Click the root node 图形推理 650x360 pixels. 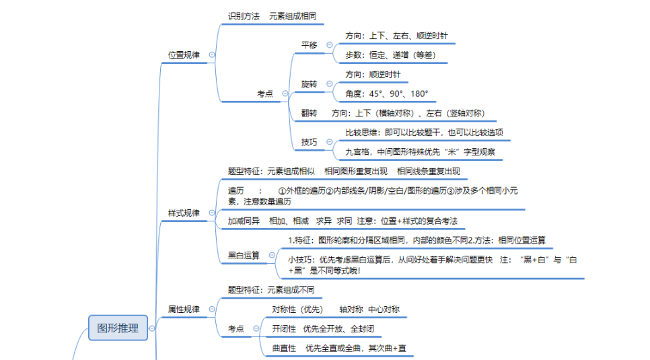(118, 328)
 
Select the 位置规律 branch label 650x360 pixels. (184, 55)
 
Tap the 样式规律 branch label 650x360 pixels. (184, 213)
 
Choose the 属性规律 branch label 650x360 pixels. (184, 310)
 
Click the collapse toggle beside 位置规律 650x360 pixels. (212, 55)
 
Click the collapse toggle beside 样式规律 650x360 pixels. (212, 213)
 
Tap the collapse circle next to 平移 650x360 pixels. (330, 45)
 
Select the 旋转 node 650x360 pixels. (310, 84)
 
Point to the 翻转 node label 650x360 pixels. (310, 113)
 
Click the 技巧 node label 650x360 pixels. (310, 142)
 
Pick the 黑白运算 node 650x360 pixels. (244, 256)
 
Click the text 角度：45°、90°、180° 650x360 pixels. (387, 94)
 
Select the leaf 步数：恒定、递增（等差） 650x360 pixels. (390, 55)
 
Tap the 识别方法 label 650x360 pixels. (244, 16)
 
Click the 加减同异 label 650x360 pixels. (244, 221)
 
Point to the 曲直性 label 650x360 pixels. (284, 349)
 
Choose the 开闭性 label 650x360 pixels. (284, 329)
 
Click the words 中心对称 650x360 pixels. (384, 310)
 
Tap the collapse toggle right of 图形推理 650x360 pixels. (152, 328)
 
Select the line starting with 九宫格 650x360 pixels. (421, 152)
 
